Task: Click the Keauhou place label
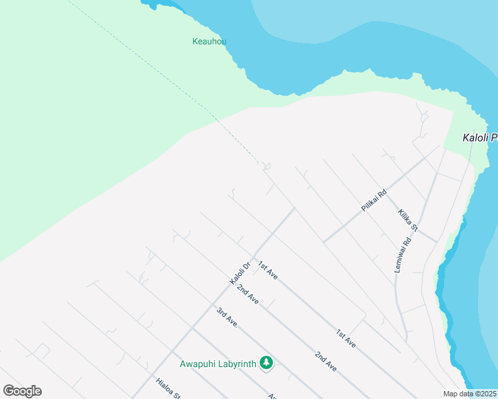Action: [x=209, y=41]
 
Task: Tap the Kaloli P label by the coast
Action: [x=479, y=138]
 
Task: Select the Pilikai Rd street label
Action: [x=373, y=201]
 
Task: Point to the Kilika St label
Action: [x=407, y=220]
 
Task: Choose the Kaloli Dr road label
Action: [x=240, y=273]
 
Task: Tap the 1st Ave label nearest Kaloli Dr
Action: [x=268, y=270]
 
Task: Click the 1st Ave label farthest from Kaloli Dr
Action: [x=346, y=338]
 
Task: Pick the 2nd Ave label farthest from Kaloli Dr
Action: [x=326, y=361]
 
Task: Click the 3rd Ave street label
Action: [x=227, y=317]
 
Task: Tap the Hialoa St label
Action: [x=168, y=388]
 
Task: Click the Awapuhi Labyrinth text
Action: [x=218, y=363]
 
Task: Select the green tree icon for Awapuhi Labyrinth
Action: [x=267, y=362]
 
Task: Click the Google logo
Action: [x=22, y=391]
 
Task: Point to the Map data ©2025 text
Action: [x=469, y=394]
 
